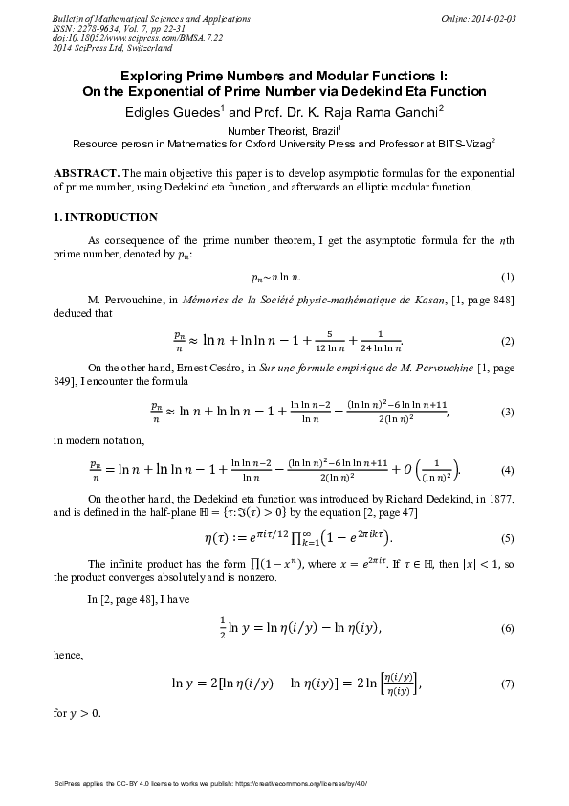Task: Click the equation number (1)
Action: click(508, 278)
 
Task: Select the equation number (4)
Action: click(508, 471)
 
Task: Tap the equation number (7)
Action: click(508, 683)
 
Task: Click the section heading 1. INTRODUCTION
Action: click(98, 218)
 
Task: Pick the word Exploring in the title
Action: click(153, 74)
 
